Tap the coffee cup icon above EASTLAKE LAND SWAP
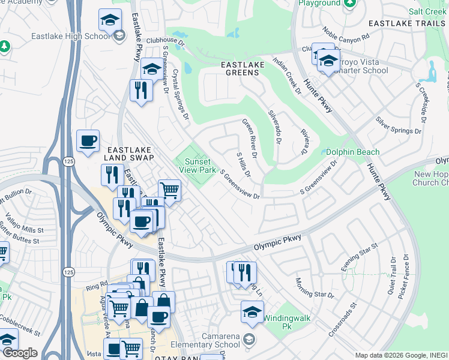(88, 141)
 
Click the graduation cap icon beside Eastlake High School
(110, 20)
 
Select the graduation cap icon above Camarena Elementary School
(252, 311)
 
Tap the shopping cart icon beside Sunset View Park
(170, 191)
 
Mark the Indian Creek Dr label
(287, 76)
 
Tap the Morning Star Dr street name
(314, 288)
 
